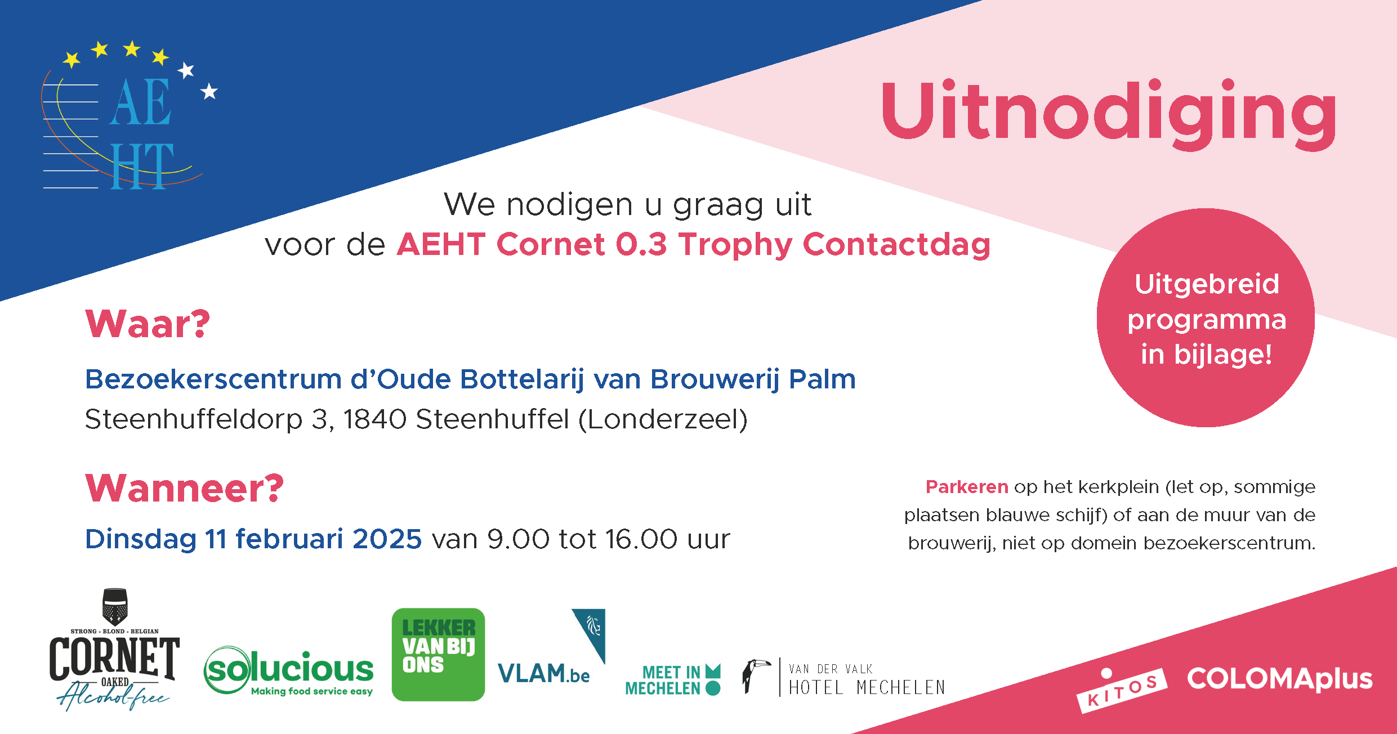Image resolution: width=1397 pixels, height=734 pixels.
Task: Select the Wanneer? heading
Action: click(185, 487)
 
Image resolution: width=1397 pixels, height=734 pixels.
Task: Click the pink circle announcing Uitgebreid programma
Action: click(1206, 317)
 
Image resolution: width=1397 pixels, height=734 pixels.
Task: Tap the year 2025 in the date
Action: click(387, 539)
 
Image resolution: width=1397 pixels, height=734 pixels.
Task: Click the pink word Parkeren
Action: click(967, 487)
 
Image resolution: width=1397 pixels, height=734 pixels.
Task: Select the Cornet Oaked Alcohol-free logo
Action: click(114, 650)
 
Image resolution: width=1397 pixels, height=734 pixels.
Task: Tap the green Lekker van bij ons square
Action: click(438, 655)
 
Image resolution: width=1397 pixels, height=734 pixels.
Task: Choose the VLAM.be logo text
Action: click(543, 673)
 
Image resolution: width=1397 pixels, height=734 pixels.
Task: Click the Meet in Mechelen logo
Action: click(673, 680)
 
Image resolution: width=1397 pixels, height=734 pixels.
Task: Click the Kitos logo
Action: click(1122, 690)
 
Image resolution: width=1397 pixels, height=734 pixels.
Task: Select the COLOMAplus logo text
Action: click(1280, 679)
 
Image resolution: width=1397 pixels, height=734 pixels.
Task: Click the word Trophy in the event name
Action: click(735, 245)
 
